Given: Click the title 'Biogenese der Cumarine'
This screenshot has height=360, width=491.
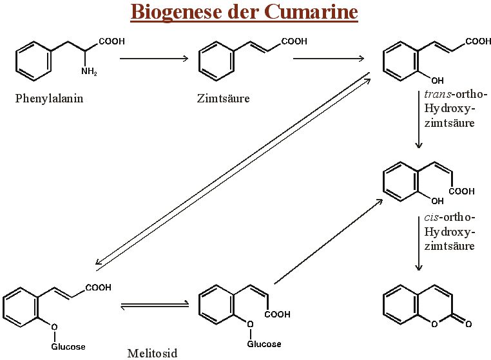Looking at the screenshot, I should [244, 12].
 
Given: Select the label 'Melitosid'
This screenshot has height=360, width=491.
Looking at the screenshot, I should [152, 352].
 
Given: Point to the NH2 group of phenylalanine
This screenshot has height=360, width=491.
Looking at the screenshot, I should [89, 71].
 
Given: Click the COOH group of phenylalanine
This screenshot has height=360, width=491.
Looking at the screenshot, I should [112, 42].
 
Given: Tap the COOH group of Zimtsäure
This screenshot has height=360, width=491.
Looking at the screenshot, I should [294, 42].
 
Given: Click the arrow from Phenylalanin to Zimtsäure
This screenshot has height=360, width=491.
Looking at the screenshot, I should [154, 59].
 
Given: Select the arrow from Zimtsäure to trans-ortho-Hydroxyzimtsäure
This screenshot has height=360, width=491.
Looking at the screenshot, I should [329, 59].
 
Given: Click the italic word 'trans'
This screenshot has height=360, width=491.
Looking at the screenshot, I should [437, 94].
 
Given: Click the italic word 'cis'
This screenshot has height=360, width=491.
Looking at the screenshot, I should [433, 217].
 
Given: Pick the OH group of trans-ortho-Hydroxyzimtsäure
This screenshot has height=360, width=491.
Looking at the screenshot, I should [437, 81].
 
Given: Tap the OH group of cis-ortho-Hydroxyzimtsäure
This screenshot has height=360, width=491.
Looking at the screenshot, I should [437, 202].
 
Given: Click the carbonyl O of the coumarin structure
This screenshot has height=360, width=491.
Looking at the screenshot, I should [468, 323].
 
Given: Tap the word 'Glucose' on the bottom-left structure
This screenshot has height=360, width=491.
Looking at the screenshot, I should [68, 346].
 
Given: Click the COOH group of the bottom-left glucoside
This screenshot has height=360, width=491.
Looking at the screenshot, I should [98, 288].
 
